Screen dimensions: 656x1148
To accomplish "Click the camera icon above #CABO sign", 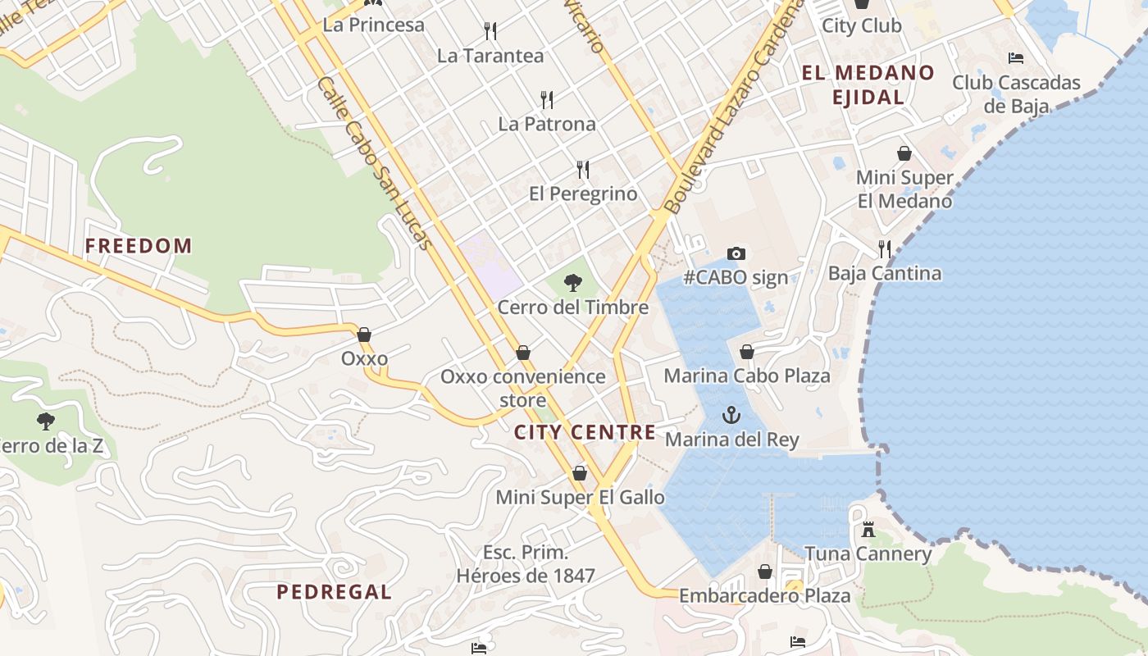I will coord(736,253).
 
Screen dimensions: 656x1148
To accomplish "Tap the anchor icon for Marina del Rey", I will coord(731,415).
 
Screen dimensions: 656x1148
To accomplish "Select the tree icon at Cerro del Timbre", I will coord(573,284).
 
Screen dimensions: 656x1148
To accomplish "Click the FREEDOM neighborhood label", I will coord(139,245).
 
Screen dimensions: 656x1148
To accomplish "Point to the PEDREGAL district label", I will coord(334,591).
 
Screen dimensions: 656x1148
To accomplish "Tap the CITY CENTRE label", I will coord(585,432).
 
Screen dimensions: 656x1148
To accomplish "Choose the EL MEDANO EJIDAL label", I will coord(868,84).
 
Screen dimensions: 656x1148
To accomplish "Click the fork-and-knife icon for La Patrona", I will coord(547,100).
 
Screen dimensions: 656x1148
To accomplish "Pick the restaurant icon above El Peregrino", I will coord(583,170).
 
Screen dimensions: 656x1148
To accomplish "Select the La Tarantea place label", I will coord(490,56).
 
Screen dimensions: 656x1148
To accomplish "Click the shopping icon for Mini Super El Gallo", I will coord(580,473).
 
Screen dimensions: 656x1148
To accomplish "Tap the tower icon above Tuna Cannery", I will coord(868,530).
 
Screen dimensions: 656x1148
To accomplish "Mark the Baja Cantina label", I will coord(885,273).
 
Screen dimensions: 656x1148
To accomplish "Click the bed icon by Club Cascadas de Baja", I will coord(1016,58).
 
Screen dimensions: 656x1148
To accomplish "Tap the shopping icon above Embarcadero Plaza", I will coord(765,572).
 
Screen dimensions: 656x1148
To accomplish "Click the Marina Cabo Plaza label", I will coord(747,376).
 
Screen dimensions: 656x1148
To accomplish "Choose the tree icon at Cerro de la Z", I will coord(46,421).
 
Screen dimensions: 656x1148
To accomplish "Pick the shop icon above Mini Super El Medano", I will coord(904,153).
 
